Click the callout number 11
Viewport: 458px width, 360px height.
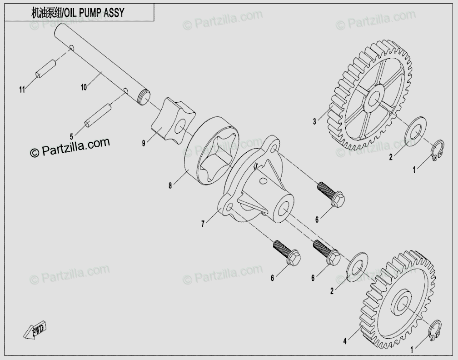pos(21,90)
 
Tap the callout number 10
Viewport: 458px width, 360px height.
pos(83,88)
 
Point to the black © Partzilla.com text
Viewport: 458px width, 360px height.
pos(70,147)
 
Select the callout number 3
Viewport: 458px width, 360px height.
pos(314,121)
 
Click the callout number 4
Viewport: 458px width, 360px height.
pos(345,340)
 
